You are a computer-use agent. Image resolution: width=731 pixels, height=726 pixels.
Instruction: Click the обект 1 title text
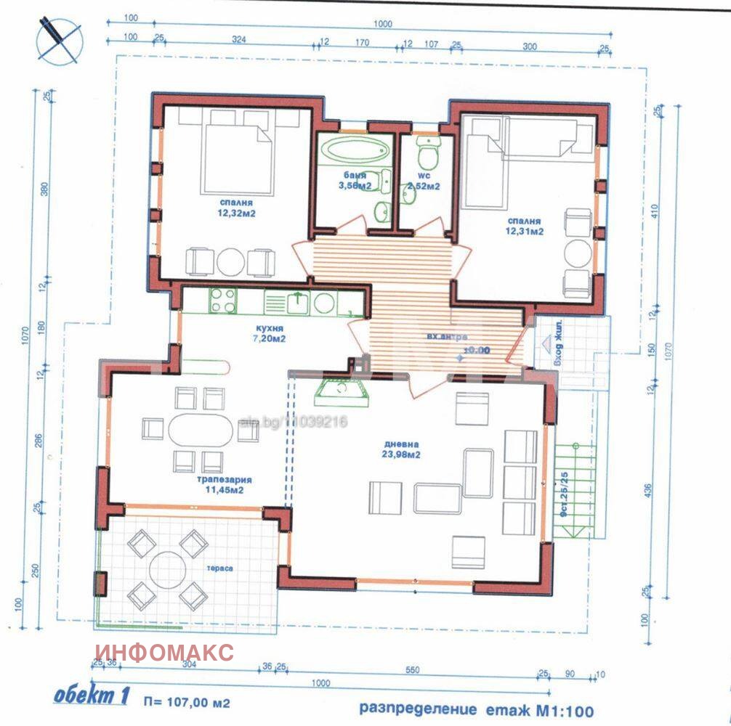pyautogui.click(x=91, y=696)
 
